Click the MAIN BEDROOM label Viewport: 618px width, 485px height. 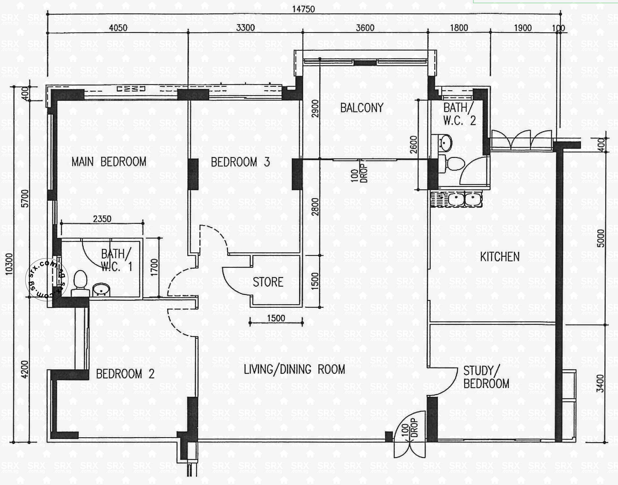[109, 162]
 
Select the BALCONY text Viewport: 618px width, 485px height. [362, 108]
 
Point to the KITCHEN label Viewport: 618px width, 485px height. [500, 257]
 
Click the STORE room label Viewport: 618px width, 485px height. [268, 282]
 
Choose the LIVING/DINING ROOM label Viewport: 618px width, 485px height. [294, 369]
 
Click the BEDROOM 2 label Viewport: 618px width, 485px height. [125, 374]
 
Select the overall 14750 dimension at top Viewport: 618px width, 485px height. [304, 9]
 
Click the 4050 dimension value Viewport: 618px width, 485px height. [118, 28]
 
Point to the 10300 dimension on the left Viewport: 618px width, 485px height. [9, 264]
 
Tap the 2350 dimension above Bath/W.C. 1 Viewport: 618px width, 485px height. [102, 219]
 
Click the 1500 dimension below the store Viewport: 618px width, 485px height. [276, 318]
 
